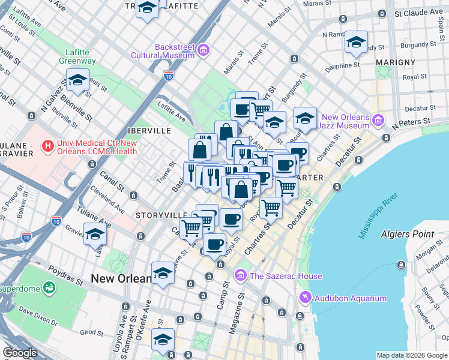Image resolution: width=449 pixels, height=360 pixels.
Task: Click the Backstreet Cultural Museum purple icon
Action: tap(203, 49)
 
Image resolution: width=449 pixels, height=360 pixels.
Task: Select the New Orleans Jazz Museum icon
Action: tap(378, 121)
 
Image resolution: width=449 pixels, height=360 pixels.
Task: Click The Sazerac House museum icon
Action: tap(241, 275)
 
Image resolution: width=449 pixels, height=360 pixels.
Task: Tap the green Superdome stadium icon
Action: tap(47, 289)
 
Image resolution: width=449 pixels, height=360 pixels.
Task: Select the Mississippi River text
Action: tap(379, 216)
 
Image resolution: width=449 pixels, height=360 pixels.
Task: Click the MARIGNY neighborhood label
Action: tap(396, 62)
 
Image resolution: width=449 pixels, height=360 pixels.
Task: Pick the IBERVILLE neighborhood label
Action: tap(149, 130)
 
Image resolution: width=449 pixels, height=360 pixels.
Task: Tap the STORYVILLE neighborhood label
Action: tap(161, 215)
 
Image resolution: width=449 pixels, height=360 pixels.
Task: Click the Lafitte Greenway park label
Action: tap(77, 56)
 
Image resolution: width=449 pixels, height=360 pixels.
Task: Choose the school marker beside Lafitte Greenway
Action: tap(77, 80)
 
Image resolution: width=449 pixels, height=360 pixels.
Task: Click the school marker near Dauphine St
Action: tap(356, 43)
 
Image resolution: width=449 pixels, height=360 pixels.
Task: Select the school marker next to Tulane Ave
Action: tap(95, 234)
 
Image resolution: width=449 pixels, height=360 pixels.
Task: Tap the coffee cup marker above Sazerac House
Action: tap(215, 244)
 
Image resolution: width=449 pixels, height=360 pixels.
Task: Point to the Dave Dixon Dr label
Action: tap(37, 316)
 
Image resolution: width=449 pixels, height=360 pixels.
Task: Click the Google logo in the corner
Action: tap(21, 353)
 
